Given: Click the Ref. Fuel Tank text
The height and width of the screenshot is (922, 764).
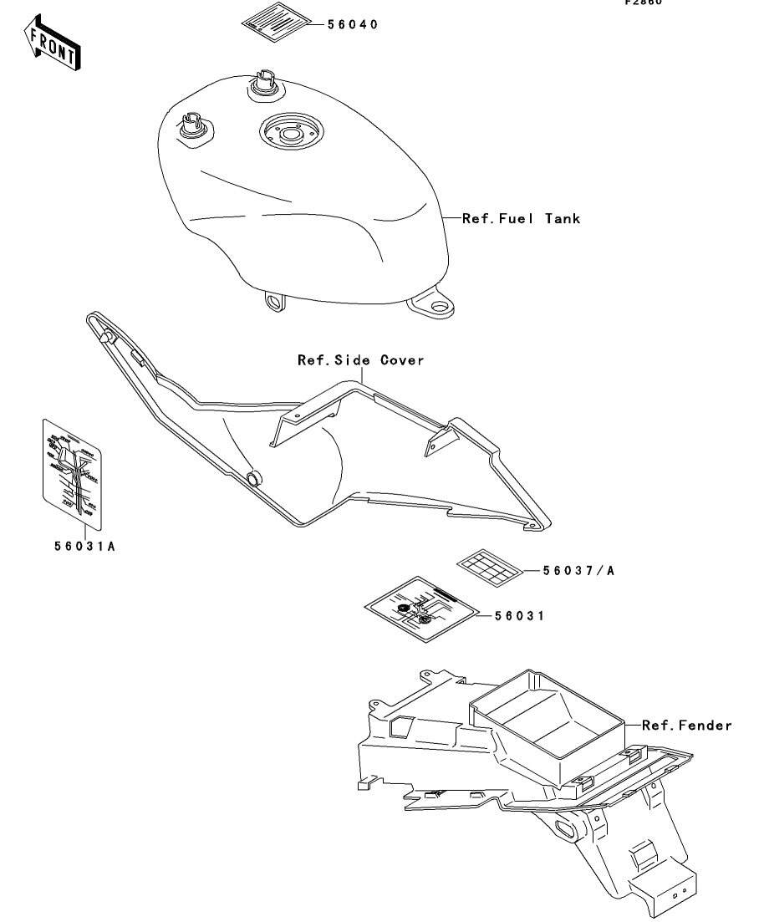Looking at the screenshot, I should pyautogui.click(x=521, y=218).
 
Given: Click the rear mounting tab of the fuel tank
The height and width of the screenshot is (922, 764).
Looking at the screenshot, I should pyautogui.click(x=434, y=304).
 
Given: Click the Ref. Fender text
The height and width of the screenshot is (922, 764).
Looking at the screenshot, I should pyautogui.click(x=686, y=725).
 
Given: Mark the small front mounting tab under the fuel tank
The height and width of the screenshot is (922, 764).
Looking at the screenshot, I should pyautogui.click(x=272, y=301).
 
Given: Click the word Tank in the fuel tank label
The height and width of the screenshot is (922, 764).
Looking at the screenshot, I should pyautogui.click(x=562, y=218).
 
